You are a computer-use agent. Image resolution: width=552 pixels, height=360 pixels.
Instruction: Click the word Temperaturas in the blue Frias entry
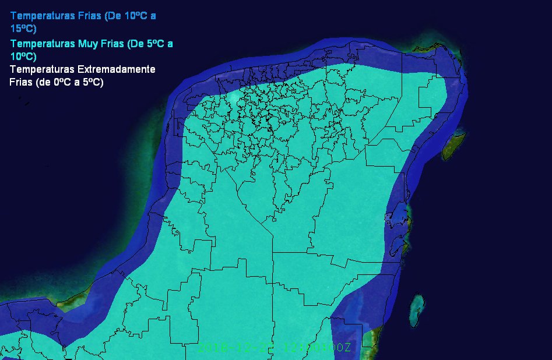43,16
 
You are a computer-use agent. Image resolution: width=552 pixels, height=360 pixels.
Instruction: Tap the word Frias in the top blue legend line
90,16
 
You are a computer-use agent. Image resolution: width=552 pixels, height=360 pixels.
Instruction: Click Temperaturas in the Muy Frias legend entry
43,44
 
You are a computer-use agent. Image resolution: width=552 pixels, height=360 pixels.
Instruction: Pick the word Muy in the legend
87,44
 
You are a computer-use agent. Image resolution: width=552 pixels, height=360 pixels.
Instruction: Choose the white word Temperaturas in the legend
43,69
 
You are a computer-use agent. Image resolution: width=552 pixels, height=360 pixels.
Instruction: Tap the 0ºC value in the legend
62,82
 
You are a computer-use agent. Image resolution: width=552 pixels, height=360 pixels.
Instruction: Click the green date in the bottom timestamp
236,348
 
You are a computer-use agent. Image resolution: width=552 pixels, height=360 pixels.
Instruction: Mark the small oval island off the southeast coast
417,310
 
